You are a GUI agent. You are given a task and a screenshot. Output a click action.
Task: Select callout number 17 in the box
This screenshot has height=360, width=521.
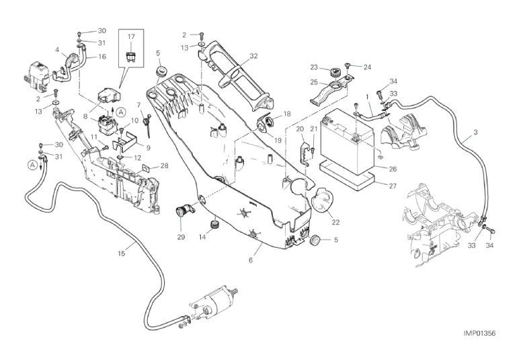(131, 37)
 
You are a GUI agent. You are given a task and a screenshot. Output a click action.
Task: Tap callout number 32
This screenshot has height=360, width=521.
(253, 56)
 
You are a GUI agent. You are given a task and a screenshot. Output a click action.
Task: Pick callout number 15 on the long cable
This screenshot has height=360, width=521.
(122, 254)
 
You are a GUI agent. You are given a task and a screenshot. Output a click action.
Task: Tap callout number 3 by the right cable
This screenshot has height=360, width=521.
(475, 132)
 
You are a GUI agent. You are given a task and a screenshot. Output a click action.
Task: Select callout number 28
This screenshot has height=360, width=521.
(164, 166)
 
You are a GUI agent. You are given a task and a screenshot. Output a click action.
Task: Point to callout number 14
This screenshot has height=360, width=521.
(202, 237)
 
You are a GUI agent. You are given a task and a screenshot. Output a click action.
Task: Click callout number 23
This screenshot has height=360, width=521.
(314, 67)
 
